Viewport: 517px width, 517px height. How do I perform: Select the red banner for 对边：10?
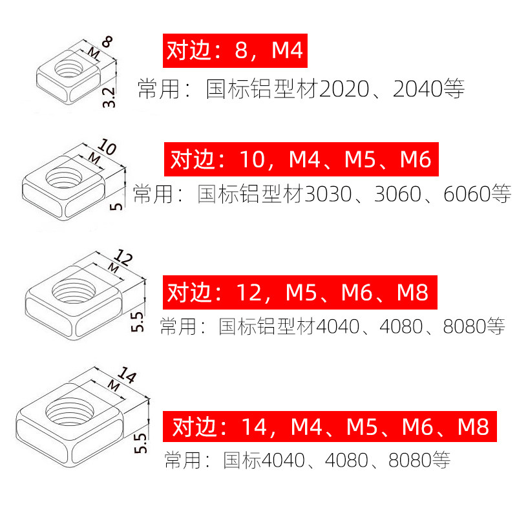[x=301, y=158]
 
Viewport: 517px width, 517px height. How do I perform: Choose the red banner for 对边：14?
[x=330, y=426]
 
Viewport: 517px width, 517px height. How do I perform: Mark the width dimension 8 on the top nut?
[x=108, y=44]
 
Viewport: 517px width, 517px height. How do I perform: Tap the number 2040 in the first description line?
[x=417, y=89]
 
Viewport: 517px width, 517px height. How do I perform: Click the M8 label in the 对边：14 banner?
[x=473, y=427]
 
